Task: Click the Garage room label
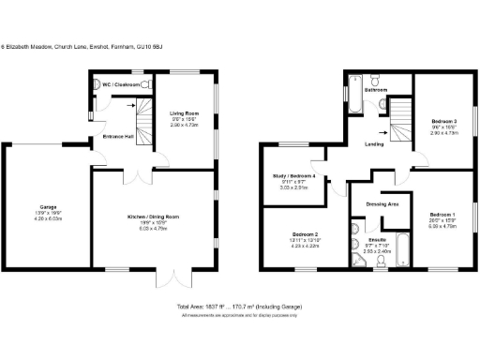click(48, 206)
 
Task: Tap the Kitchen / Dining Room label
click(153, 217)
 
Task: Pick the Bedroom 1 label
click(445, 215)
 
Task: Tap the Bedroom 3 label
click(444, 122)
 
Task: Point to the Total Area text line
click(240, 307)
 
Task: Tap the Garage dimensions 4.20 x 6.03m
click(48, 219)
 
